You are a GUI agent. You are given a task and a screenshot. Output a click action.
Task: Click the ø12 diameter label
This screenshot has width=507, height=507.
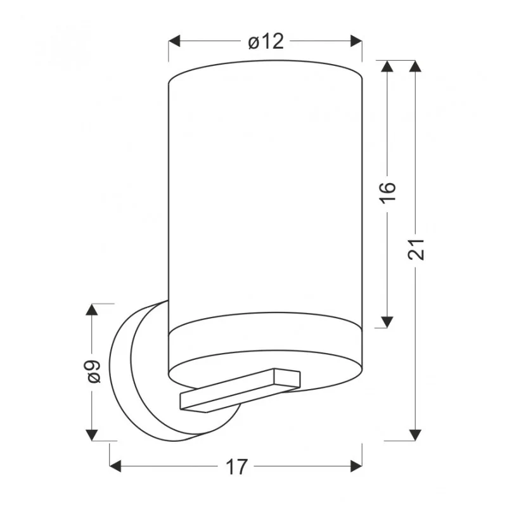click(x=266, y=42)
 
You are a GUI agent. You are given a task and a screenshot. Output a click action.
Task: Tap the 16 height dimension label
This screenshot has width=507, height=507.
click(x=388, y=193)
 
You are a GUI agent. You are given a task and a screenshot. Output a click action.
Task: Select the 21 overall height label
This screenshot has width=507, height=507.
click(x=416, y=249)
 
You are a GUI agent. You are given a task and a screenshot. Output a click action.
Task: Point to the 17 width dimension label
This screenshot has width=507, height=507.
click(x=236, y=467)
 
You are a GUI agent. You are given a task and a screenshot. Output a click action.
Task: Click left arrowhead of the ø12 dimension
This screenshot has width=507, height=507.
click(x=174, y=41)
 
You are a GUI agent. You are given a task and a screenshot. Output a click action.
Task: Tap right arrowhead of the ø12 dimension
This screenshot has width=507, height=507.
click(x=356, y=41)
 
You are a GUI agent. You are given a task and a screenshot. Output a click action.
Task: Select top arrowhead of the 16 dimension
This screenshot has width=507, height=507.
click(x=387, y=67)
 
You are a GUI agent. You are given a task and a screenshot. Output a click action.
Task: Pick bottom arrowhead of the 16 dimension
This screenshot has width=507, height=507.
click(x=387, y=322)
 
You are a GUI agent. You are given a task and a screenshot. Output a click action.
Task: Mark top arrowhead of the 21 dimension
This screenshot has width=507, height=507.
click(x=415, y=67)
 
